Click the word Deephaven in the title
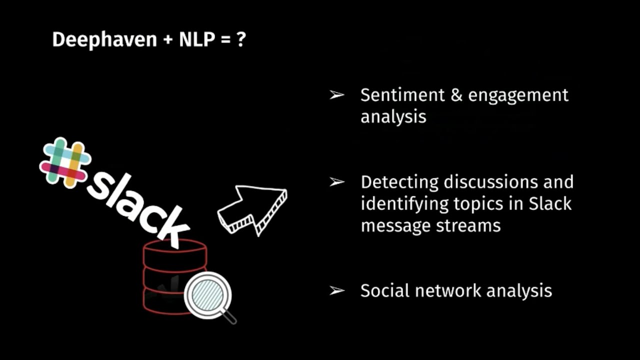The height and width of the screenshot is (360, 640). [104, 39]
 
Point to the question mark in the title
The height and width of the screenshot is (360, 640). [241, 39]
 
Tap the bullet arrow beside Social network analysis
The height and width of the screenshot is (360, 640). [337, 290]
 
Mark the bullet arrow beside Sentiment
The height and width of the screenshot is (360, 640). [337, 94]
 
